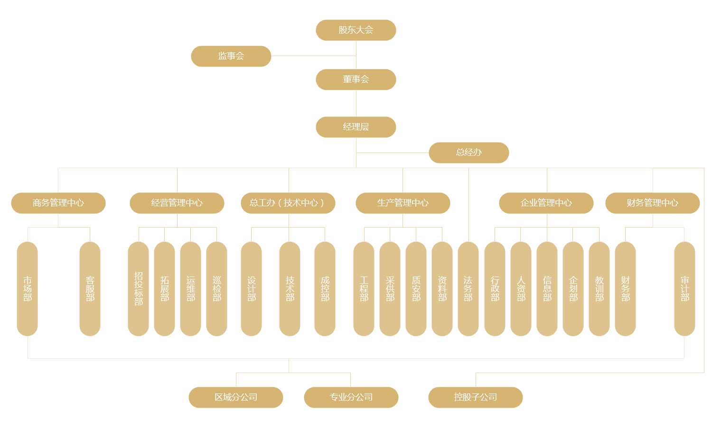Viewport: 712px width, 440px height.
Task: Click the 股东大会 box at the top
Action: (356, 30)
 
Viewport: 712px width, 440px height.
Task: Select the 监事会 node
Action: (231, 56)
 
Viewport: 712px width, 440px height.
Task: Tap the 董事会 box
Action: (356, 79)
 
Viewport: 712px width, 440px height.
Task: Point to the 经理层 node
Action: (356, 127)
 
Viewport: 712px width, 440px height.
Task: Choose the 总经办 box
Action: (469, 153)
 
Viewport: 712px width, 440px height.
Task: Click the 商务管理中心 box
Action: (58, 203)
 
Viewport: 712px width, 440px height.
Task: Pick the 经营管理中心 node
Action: (177, 203)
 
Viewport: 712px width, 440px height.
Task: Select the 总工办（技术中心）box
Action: (288, 203)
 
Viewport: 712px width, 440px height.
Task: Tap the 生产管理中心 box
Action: (403, 203)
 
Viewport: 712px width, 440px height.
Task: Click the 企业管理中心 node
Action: (546, 203)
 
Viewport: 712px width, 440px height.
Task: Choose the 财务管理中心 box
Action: (653, 203)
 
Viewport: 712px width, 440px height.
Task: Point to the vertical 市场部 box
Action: (28, 289)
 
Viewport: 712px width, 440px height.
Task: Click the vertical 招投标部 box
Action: (139, 289)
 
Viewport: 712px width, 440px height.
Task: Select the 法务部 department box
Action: (468, 289)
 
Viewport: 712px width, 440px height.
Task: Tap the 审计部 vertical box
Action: (684, 289)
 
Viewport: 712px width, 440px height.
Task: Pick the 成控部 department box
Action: (325, 289)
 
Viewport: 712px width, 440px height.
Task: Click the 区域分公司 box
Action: (236, 397)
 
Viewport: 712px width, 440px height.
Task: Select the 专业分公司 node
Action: (351, 397)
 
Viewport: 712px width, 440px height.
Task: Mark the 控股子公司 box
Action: (476, 397)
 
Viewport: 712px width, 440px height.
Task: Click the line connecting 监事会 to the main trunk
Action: (313, 56)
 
